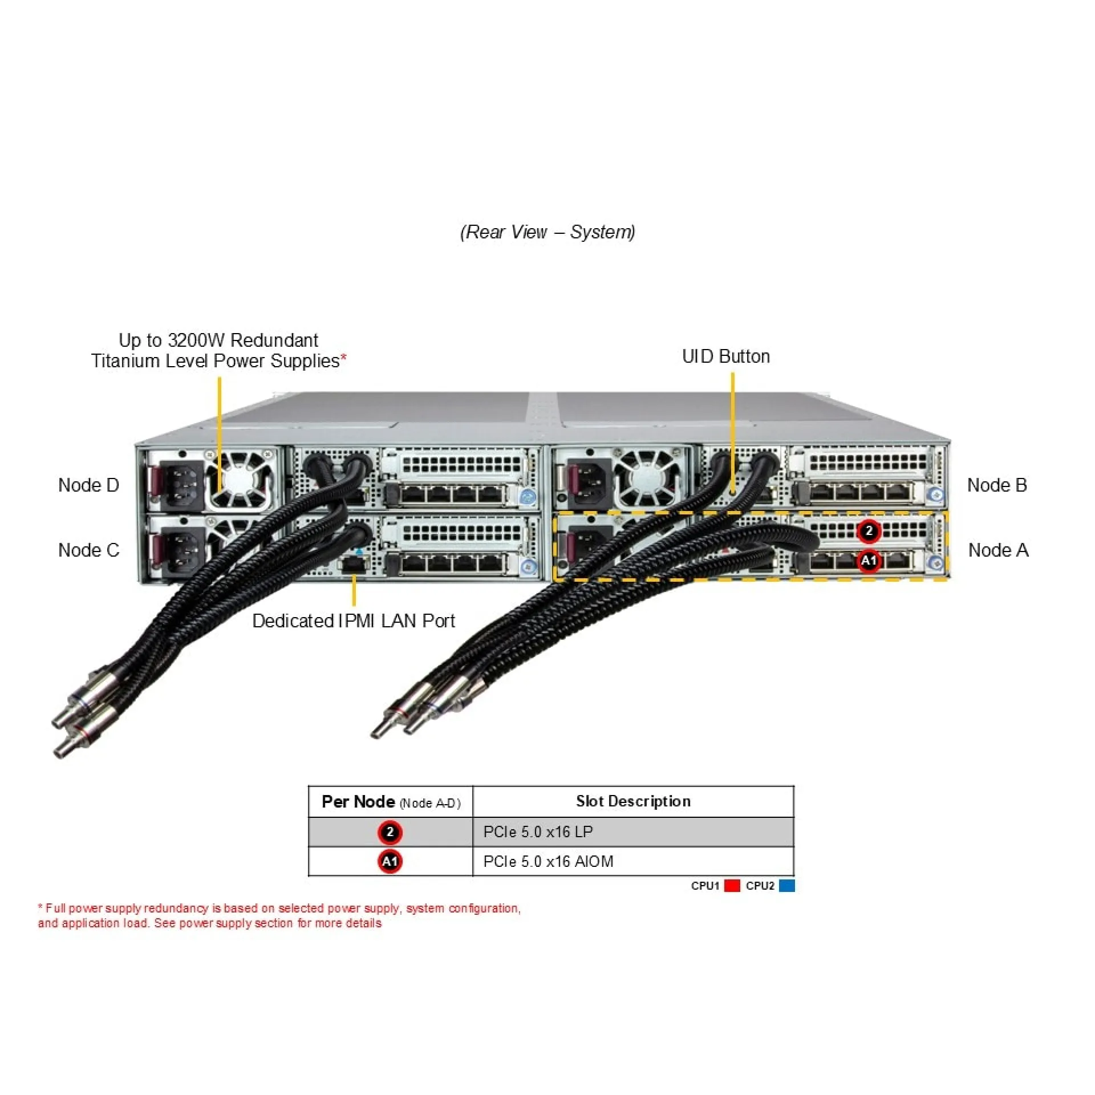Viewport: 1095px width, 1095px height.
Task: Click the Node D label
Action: pyautogui.click(x=88, y=485)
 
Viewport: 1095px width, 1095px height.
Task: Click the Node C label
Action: pyautogui.click(x=88, y=550)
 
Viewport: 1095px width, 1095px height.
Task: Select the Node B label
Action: pyautogui.click(x=996, y=485)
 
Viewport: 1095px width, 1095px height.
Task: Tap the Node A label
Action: pyautogui.click(x=998, y=550)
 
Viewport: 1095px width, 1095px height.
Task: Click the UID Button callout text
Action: pyautogui.click(x=725, y=356)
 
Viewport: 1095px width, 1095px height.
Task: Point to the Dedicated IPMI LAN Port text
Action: pyautogui.click(x=353, y=621)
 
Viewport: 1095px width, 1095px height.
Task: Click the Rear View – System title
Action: pyautogui.click(x=547, y=232)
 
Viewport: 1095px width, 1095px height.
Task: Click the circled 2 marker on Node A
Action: pyautogui.click(x=868, y=531)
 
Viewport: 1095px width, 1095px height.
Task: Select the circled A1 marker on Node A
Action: pyautogui.click(x=868, y=561)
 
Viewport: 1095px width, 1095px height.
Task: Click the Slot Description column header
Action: pyautogui.click(x=632, y=801)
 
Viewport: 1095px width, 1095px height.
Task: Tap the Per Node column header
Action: pyautogui.click(x=390, y=802)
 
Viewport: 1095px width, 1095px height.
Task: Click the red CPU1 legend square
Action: pyautogui.click(x=732, y=886)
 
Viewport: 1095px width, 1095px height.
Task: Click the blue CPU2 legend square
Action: pyautogui.click(x=786, y=886)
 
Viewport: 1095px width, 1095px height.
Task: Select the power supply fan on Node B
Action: pyautogui.click(x=647, y=480)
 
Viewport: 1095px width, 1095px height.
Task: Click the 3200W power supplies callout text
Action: pyautogui.click(x=218, y=351)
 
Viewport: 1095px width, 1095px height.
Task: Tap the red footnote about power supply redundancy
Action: pyautogui.click(x=279, y=915)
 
